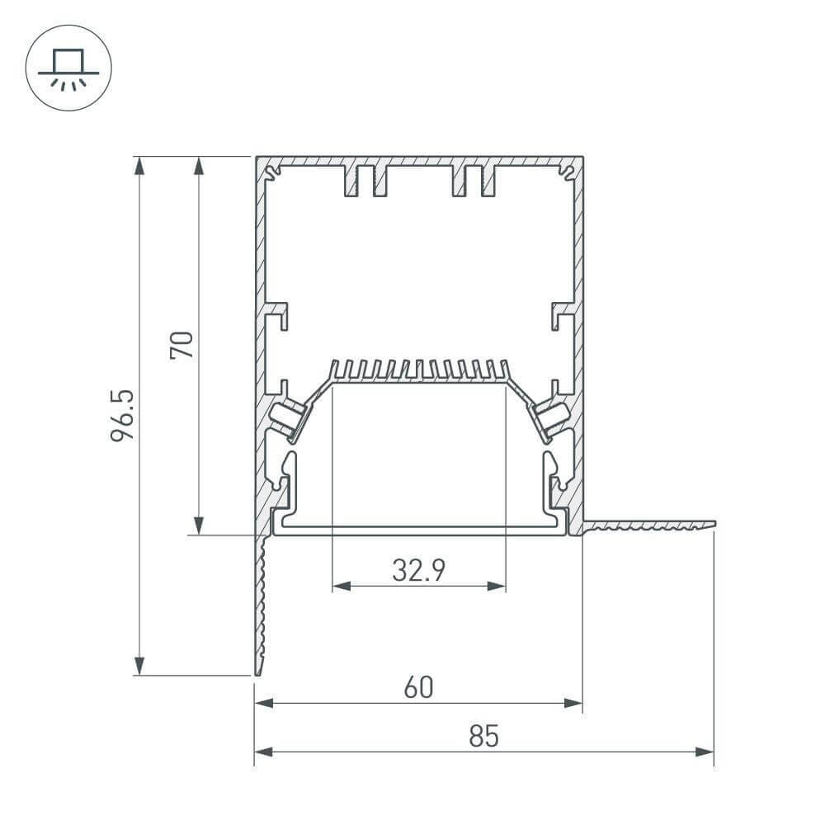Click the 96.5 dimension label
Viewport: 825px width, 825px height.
[122, 416]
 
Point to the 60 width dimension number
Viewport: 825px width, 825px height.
[418, 687]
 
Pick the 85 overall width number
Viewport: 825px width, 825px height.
[484, 736]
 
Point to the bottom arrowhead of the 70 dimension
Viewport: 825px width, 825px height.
[198, 526]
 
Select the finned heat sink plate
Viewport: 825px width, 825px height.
[418, 372]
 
